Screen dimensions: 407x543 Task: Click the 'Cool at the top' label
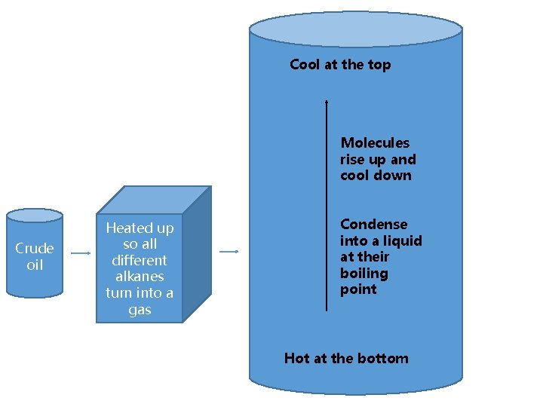tap(340, 65)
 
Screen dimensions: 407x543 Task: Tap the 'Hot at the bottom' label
tap(346, 358)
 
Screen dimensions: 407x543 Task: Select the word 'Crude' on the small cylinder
tap(35, 248)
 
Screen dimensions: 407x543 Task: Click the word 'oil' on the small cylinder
tap(35, 265)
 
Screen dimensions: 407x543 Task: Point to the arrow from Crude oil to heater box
tap(80, 253)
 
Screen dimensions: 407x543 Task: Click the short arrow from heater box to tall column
tap(229, 251)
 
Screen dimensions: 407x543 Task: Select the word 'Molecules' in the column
tap(375, 142)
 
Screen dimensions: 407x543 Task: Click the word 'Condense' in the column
tap(373, 224)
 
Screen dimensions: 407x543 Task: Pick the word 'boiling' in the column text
tap(364, 273)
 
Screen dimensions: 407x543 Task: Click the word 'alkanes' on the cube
tap(140, 277)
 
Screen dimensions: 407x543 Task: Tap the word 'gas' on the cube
tap(140, 310)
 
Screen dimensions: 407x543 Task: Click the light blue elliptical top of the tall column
tap(355, 29)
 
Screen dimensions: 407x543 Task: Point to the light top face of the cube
tap(154, 200)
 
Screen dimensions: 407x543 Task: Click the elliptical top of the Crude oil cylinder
tap(35, 216)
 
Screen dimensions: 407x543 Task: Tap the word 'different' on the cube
tap(140, 260)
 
